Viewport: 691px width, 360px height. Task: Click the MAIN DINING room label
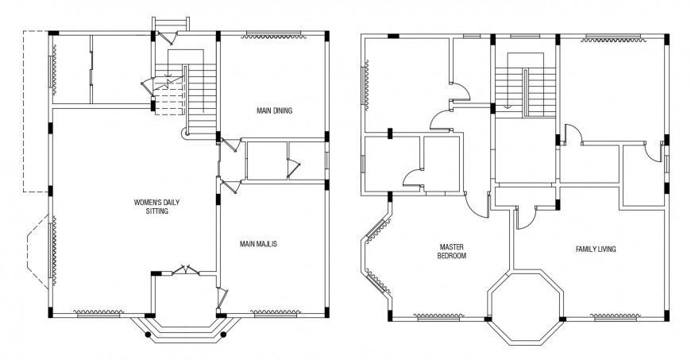pyautogui.click(x=274, y=110)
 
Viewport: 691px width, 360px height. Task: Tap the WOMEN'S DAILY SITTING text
pyautogui.click(x=156, y=207)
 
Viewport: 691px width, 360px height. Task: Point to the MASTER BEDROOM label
pyautogui.click(x=450, y=251)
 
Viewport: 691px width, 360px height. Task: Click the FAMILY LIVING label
pyautogui.click(x=596, y=249)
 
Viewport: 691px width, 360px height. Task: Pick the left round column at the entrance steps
pyautogui.click(x=148, y=335)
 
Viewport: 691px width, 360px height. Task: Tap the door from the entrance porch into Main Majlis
pyautogui.click(x=222, y=296)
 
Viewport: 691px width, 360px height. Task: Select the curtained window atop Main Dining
pyautogui.click(x=274, y=34)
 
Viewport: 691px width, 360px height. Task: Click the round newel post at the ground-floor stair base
pyautogui.click(x=187, y=134)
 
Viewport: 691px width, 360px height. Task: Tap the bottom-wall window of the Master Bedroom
pyautogui.click(x=438, y=319)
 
